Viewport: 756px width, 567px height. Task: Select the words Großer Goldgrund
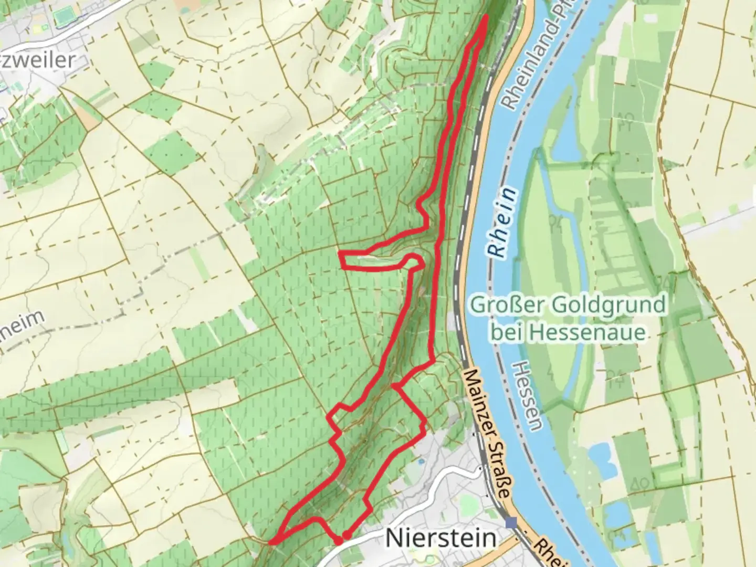coord(568,304)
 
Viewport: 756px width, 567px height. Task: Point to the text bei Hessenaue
coord(568,332)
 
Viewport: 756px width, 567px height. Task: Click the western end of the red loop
coord(342,260)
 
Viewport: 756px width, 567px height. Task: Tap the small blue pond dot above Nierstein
coord(420,461)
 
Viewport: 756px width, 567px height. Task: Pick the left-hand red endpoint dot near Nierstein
coord(339,540)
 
